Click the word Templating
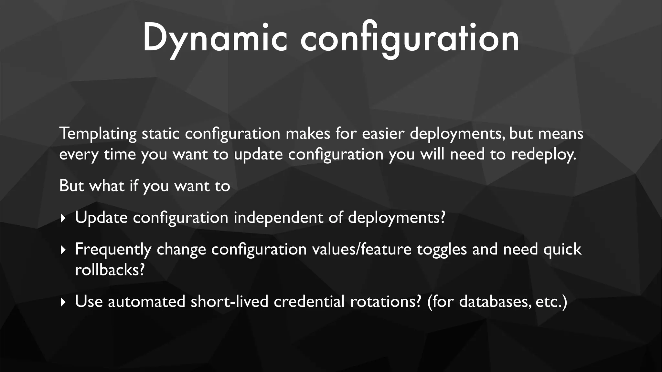coord(98,134)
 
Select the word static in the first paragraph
coord(161,134)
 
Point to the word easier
coord(383,134)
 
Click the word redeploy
coord(543,154)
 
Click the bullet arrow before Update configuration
coord(63,218)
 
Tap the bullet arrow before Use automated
coord(63,302)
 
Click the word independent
coord(278,217)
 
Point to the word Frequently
coord(113,249)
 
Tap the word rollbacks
coord(109,270)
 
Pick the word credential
coord(309,301)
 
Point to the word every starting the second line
coord(79,154)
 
